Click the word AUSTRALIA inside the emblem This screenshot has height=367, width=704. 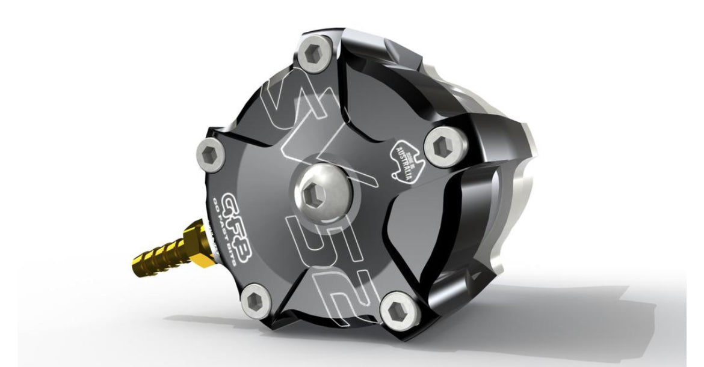tap(407, 162)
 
